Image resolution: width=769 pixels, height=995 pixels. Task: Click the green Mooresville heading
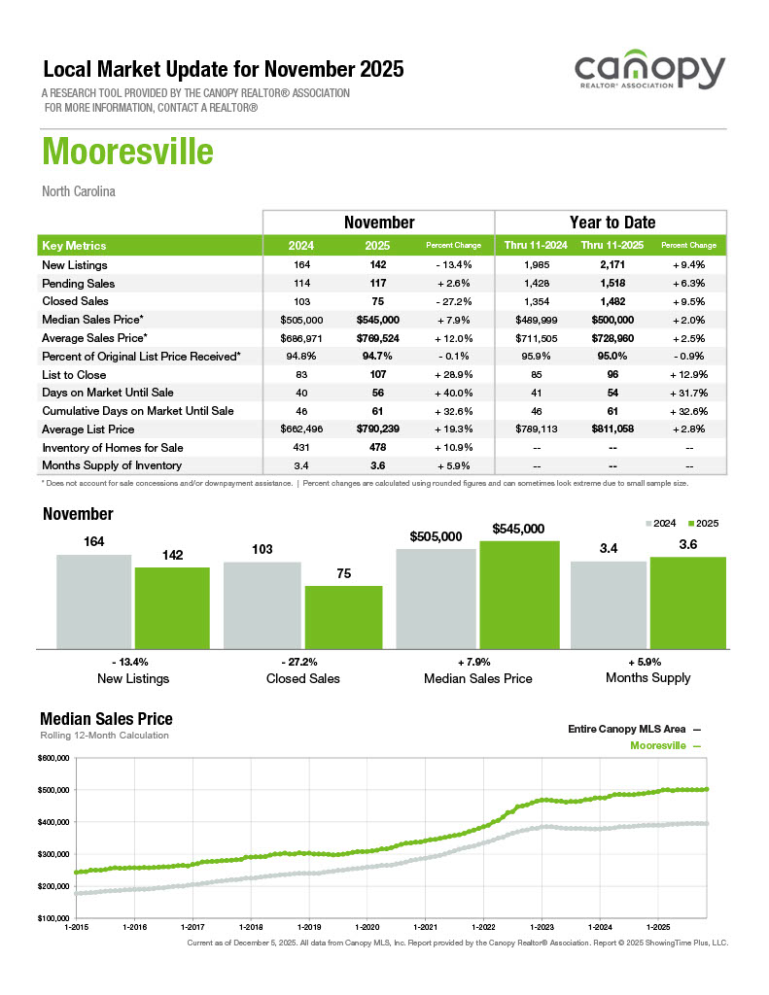[127, 154]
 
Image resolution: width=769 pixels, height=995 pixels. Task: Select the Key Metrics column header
[75, 246]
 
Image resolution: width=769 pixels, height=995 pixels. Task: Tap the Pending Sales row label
[79, 284]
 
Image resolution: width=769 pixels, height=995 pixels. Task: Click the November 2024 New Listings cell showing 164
[301, 265]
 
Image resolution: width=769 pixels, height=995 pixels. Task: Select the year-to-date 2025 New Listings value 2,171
[606, 265]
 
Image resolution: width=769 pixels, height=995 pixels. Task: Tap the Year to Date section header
[612, 223]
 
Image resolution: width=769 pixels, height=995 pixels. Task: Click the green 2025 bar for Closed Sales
[343, 616]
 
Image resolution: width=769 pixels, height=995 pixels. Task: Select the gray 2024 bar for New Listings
[93, 600]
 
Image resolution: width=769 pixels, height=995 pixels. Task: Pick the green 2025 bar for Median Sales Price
[519, 594]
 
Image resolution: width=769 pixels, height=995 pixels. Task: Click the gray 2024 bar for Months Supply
[608, 603]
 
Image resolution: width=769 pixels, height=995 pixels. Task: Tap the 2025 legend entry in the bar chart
[702, 523]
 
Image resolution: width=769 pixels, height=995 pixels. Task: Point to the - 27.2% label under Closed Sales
[302, 661]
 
